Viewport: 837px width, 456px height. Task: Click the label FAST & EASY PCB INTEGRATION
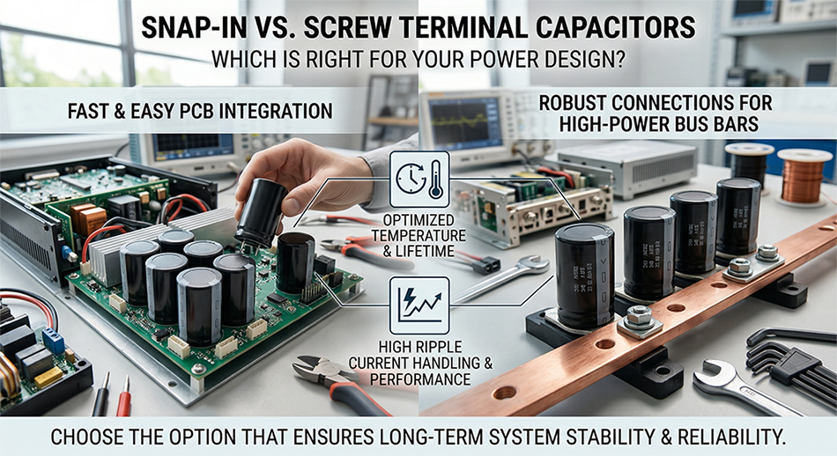point(200,111)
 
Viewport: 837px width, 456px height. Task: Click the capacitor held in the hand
point(261,211)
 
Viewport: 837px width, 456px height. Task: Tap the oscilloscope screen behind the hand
point(189,146)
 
